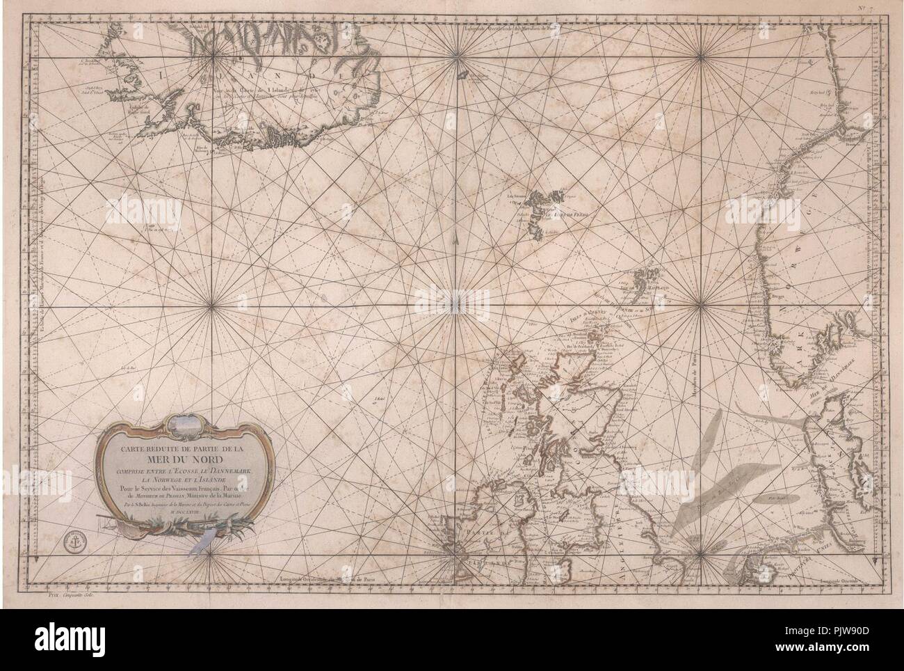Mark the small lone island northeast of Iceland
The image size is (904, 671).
(459, 75)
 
